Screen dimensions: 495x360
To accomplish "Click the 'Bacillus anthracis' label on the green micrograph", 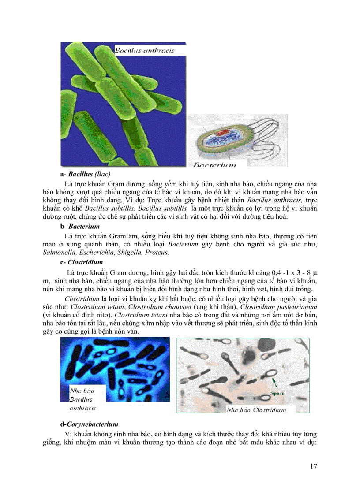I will [x=145, y=50].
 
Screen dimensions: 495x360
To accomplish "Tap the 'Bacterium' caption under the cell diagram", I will [x=214, y=165].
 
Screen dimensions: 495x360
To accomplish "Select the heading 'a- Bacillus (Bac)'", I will [x=86, y=174].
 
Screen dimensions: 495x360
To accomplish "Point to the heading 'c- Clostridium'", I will [x=82, y=262].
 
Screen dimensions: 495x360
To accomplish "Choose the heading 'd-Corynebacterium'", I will [x=89, y=424].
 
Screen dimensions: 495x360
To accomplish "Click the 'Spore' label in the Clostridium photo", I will [x=277, y=393].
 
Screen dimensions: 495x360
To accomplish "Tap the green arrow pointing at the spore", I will [x=275, y=382].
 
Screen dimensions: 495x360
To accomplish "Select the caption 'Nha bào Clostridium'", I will [x=256, y=410].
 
